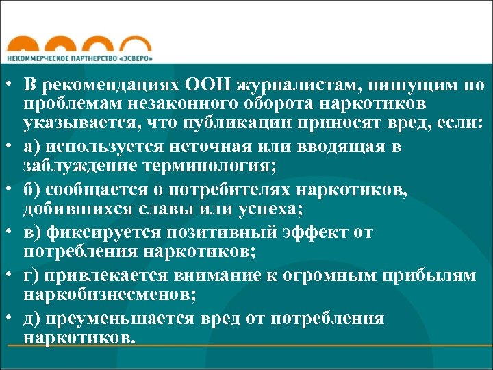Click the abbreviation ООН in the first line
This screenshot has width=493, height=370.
coord(208,86)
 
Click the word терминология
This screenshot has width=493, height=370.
coord(219,166)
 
